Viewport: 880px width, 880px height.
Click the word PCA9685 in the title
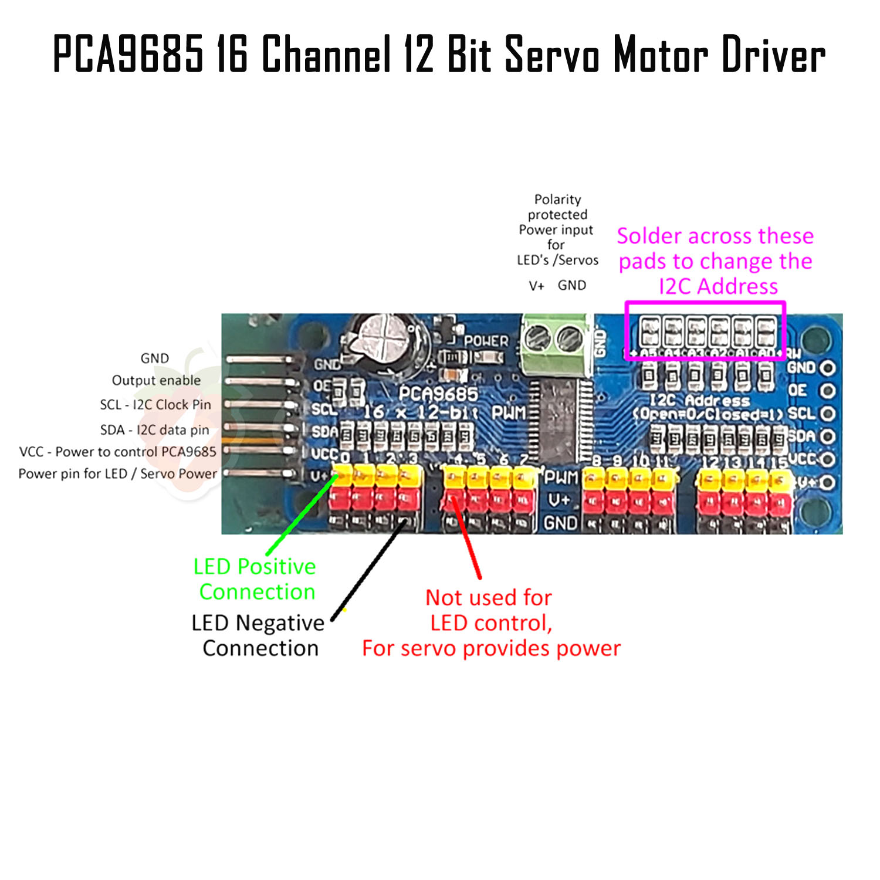point(128,54)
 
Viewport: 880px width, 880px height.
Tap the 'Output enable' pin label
point(156,380)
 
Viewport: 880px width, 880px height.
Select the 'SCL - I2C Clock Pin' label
point(155,405)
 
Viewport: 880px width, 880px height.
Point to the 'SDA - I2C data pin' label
point(154,430)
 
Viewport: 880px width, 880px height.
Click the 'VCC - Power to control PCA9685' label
point(118,452)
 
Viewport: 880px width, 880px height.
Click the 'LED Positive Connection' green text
point(255,579)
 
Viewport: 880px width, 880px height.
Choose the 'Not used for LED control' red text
point(490,610)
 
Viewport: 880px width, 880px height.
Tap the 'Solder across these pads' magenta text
point(716,261)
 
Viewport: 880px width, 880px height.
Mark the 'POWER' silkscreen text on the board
point(486,341)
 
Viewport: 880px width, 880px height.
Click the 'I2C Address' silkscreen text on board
point(700,401)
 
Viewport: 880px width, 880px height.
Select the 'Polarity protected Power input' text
point(557,229)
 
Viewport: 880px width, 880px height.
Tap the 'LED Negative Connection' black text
point(258,635)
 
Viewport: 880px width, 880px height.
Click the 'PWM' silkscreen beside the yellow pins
point(561,478)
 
